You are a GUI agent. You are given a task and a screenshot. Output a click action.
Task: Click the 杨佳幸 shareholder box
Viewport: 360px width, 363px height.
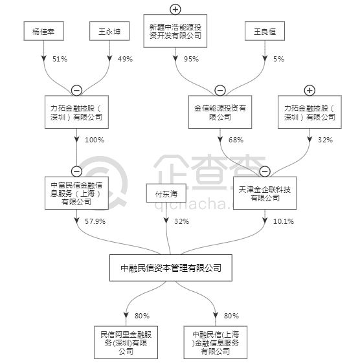(x=44, y=31)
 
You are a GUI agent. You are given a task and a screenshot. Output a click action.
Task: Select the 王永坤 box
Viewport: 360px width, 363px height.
(x=109, y=31)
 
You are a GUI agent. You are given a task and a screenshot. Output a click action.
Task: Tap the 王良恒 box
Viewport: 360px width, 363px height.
(x=265, y=31)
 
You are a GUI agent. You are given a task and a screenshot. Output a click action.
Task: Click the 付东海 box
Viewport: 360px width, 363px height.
(x=166, y=193)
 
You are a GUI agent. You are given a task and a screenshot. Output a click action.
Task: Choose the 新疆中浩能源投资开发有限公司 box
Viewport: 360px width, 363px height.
(x=175, y=31)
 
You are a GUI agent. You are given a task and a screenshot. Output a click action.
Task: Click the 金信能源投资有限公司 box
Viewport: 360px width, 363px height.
(x=220, y=112)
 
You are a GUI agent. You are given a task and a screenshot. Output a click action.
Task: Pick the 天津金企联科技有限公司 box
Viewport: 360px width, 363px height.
(x=265, y=193)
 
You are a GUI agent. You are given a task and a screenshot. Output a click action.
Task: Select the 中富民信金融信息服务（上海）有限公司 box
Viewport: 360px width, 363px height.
(x=76, y=193)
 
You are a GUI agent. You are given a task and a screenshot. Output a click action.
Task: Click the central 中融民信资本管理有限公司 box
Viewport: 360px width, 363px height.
(x=171, y=268)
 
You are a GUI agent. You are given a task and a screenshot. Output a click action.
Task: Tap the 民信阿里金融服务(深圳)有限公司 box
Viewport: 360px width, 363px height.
(x=126, y=342)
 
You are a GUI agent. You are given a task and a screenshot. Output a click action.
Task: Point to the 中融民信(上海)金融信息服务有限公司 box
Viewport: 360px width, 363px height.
(x=216, y=342)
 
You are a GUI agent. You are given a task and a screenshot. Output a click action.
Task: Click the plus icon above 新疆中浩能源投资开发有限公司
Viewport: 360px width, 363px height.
(x=175, y=9)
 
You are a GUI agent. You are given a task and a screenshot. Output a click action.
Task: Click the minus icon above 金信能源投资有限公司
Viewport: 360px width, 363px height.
(x=220, y=91)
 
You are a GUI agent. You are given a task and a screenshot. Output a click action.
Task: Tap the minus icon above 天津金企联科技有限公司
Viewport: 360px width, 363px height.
(x=265, y=171)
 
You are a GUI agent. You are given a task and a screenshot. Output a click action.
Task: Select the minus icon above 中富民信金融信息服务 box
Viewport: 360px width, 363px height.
(x=76, y=171)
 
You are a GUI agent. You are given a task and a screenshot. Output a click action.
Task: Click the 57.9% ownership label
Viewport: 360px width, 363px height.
(x=95, y=221)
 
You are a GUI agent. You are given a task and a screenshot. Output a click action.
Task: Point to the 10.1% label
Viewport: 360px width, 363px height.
(x=284, y=221)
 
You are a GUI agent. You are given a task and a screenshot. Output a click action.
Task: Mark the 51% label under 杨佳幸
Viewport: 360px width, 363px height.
(x=60, y=59)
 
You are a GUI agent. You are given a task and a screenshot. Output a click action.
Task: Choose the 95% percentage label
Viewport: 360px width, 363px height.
(x=191, y=59)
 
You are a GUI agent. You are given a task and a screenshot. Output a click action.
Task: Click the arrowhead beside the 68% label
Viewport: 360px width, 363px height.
(x=220, y=139)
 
